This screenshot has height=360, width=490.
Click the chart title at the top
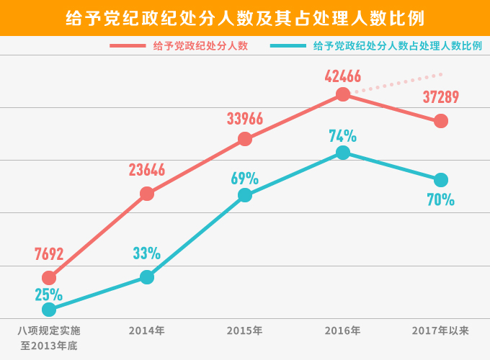245,17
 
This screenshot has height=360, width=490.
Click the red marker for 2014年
147,193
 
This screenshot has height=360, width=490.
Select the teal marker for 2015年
245,195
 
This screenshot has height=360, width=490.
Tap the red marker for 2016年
343,94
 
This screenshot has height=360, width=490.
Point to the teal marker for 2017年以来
441,179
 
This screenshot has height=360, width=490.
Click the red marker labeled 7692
49,277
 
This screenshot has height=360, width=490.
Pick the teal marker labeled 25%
49,310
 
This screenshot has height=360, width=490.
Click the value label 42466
343,76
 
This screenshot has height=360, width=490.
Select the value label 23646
147,171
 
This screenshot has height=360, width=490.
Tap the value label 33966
245,119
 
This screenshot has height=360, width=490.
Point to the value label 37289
441,97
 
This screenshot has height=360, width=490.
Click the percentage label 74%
343,136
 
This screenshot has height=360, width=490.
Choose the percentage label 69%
245,178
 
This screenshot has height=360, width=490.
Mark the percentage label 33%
147,253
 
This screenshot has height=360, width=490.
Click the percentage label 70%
441,200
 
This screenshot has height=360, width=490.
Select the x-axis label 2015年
244,331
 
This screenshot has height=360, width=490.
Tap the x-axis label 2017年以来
440,331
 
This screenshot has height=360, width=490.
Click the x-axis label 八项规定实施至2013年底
49,338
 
